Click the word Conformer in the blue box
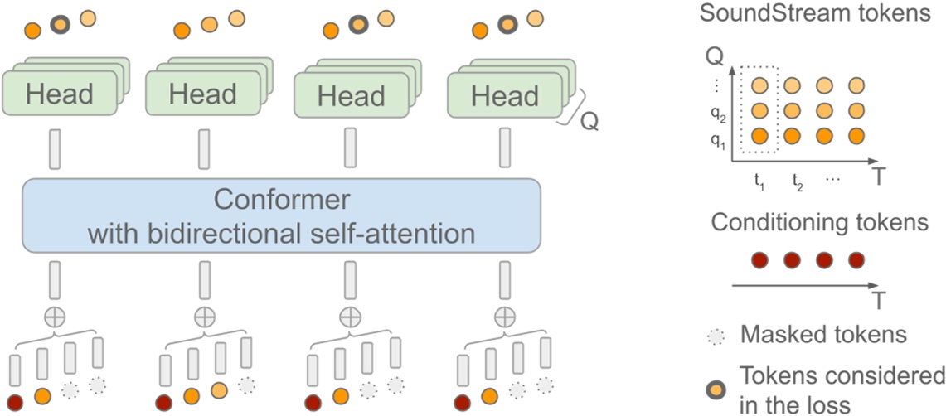(x=281, y=200)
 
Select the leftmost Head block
(x=59, y=94)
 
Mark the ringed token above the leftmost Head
(x=59, y=23)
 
